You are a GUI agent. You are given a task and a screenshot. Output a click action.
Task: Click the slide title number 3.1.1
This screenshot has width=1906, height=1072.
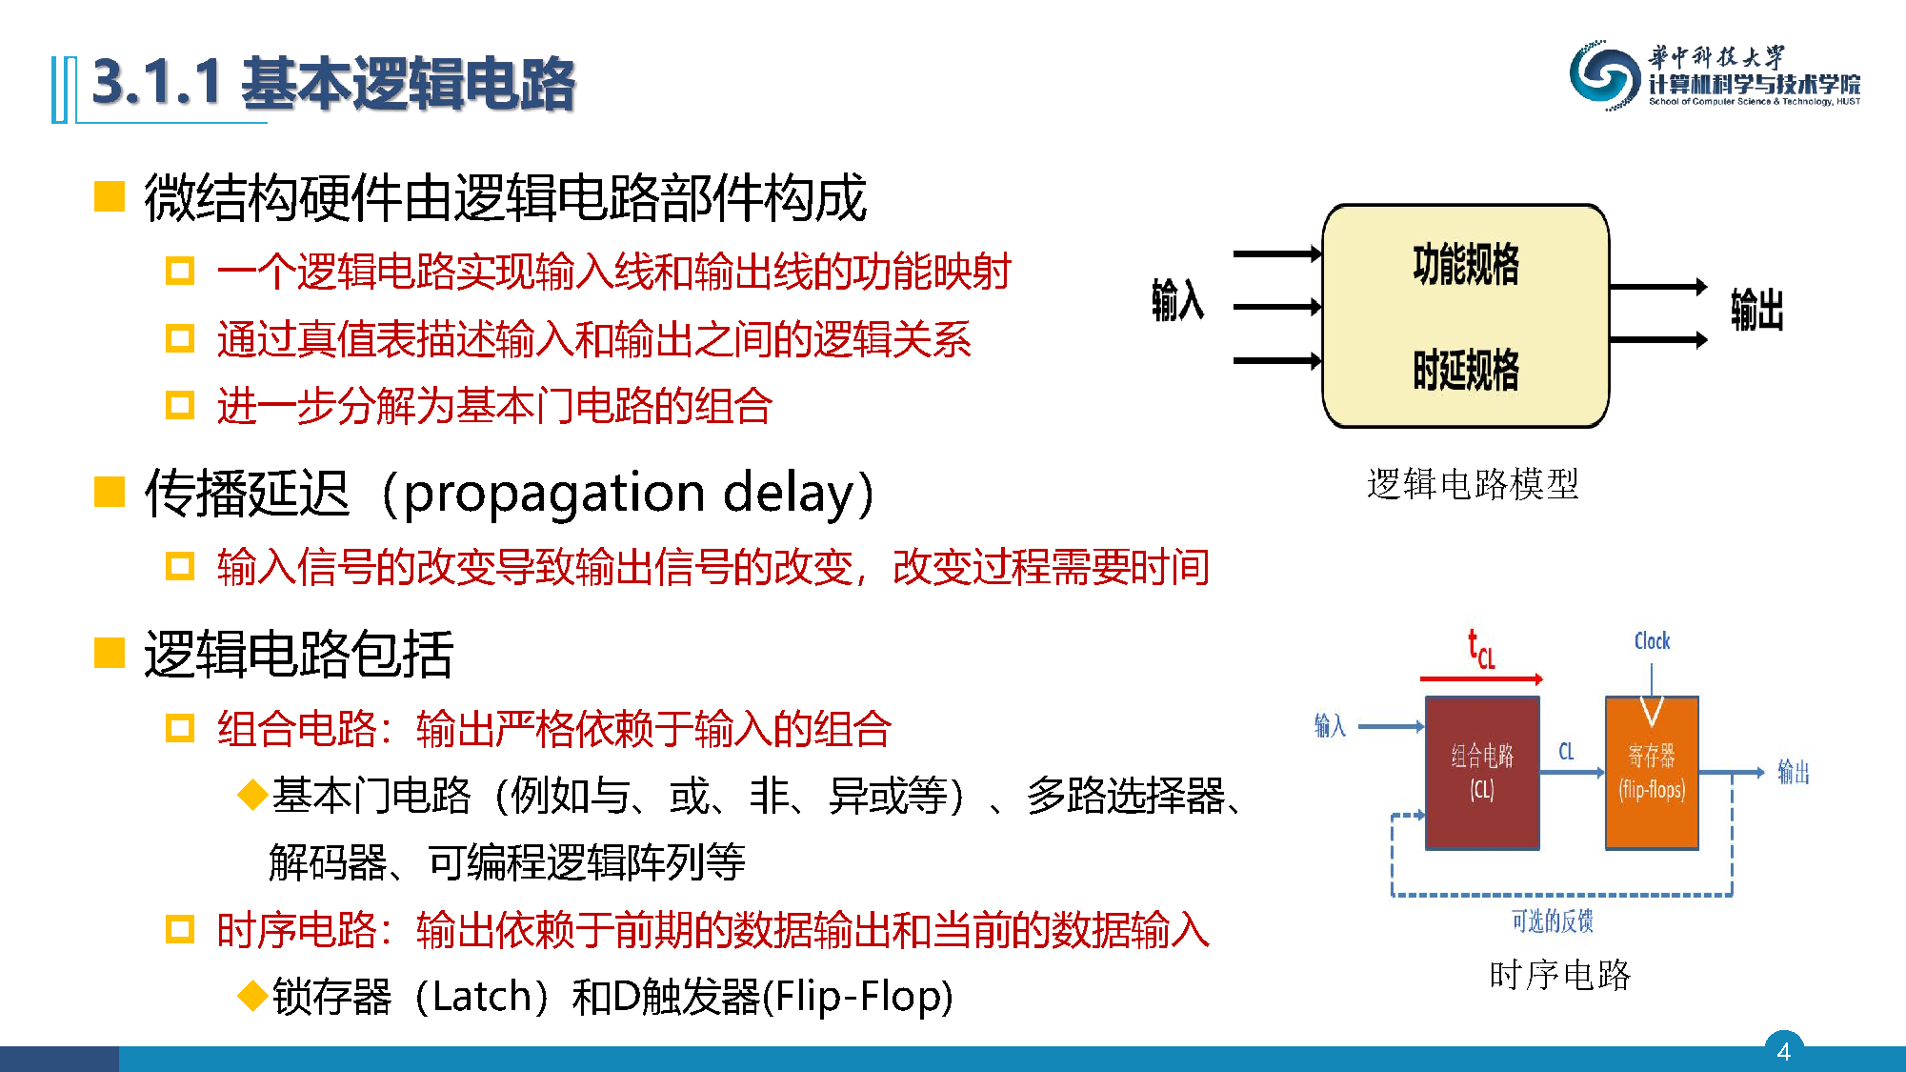(157, 83)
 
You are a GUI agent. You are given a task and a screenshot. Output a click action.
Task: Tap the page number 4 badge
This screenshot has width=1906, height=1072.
(1783, 1051)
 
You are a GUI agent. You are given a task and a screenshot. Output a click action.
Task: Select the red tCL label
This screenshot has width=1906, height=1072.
(1481, 649)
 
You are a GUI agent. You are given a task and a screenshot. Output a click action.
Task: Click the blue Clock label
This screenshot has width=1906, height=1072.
(1652, 641)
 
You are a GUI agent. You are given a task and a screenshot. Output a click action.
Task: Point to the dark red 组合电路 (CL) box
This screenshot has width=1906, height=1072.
(1482, 773)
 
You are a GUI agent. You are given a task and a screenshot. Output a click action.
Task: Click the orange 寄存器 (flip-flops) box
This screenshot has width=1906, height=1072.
(1652, 773)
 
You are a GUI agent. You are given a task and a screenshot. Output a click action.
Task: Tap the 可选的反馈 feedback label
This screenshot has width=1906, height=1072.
(1552, 920)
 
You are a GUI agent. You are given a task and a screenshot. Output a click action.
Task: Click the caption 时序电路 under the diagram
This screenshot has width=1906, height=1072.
(1559, 975)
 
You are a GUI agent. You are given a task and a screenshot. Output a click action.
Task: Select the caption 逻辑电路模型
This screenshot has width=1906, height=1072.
(1473, 484)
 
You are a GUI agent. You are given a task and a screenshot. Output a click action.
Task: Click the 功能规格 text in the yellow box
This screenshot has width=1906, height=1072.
(1466, 264)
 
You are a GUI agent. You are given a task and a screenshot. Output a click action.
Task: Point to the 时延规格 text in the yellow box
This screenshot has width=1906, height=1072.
(1466, 370)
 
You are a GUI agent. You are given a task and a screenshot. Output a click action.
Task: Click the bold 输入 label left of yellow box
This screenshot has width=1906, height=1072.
(1177, 299)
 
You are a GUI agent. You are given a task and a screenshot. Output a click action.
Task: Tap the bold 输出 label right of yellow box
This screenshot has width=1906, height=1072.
(1756, 310)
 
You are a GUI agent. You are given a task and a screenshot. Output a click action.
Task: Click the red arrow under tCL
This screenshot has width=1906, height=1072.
(1481, 679)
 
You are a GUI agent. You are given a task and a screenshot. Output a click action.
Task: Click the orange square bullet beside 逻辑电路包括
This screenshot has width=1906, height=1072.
(110, 654)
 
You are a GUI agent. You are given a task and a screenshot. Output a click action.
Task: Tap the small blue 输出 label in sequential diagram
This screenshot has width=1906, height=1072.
(1793, 772)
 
